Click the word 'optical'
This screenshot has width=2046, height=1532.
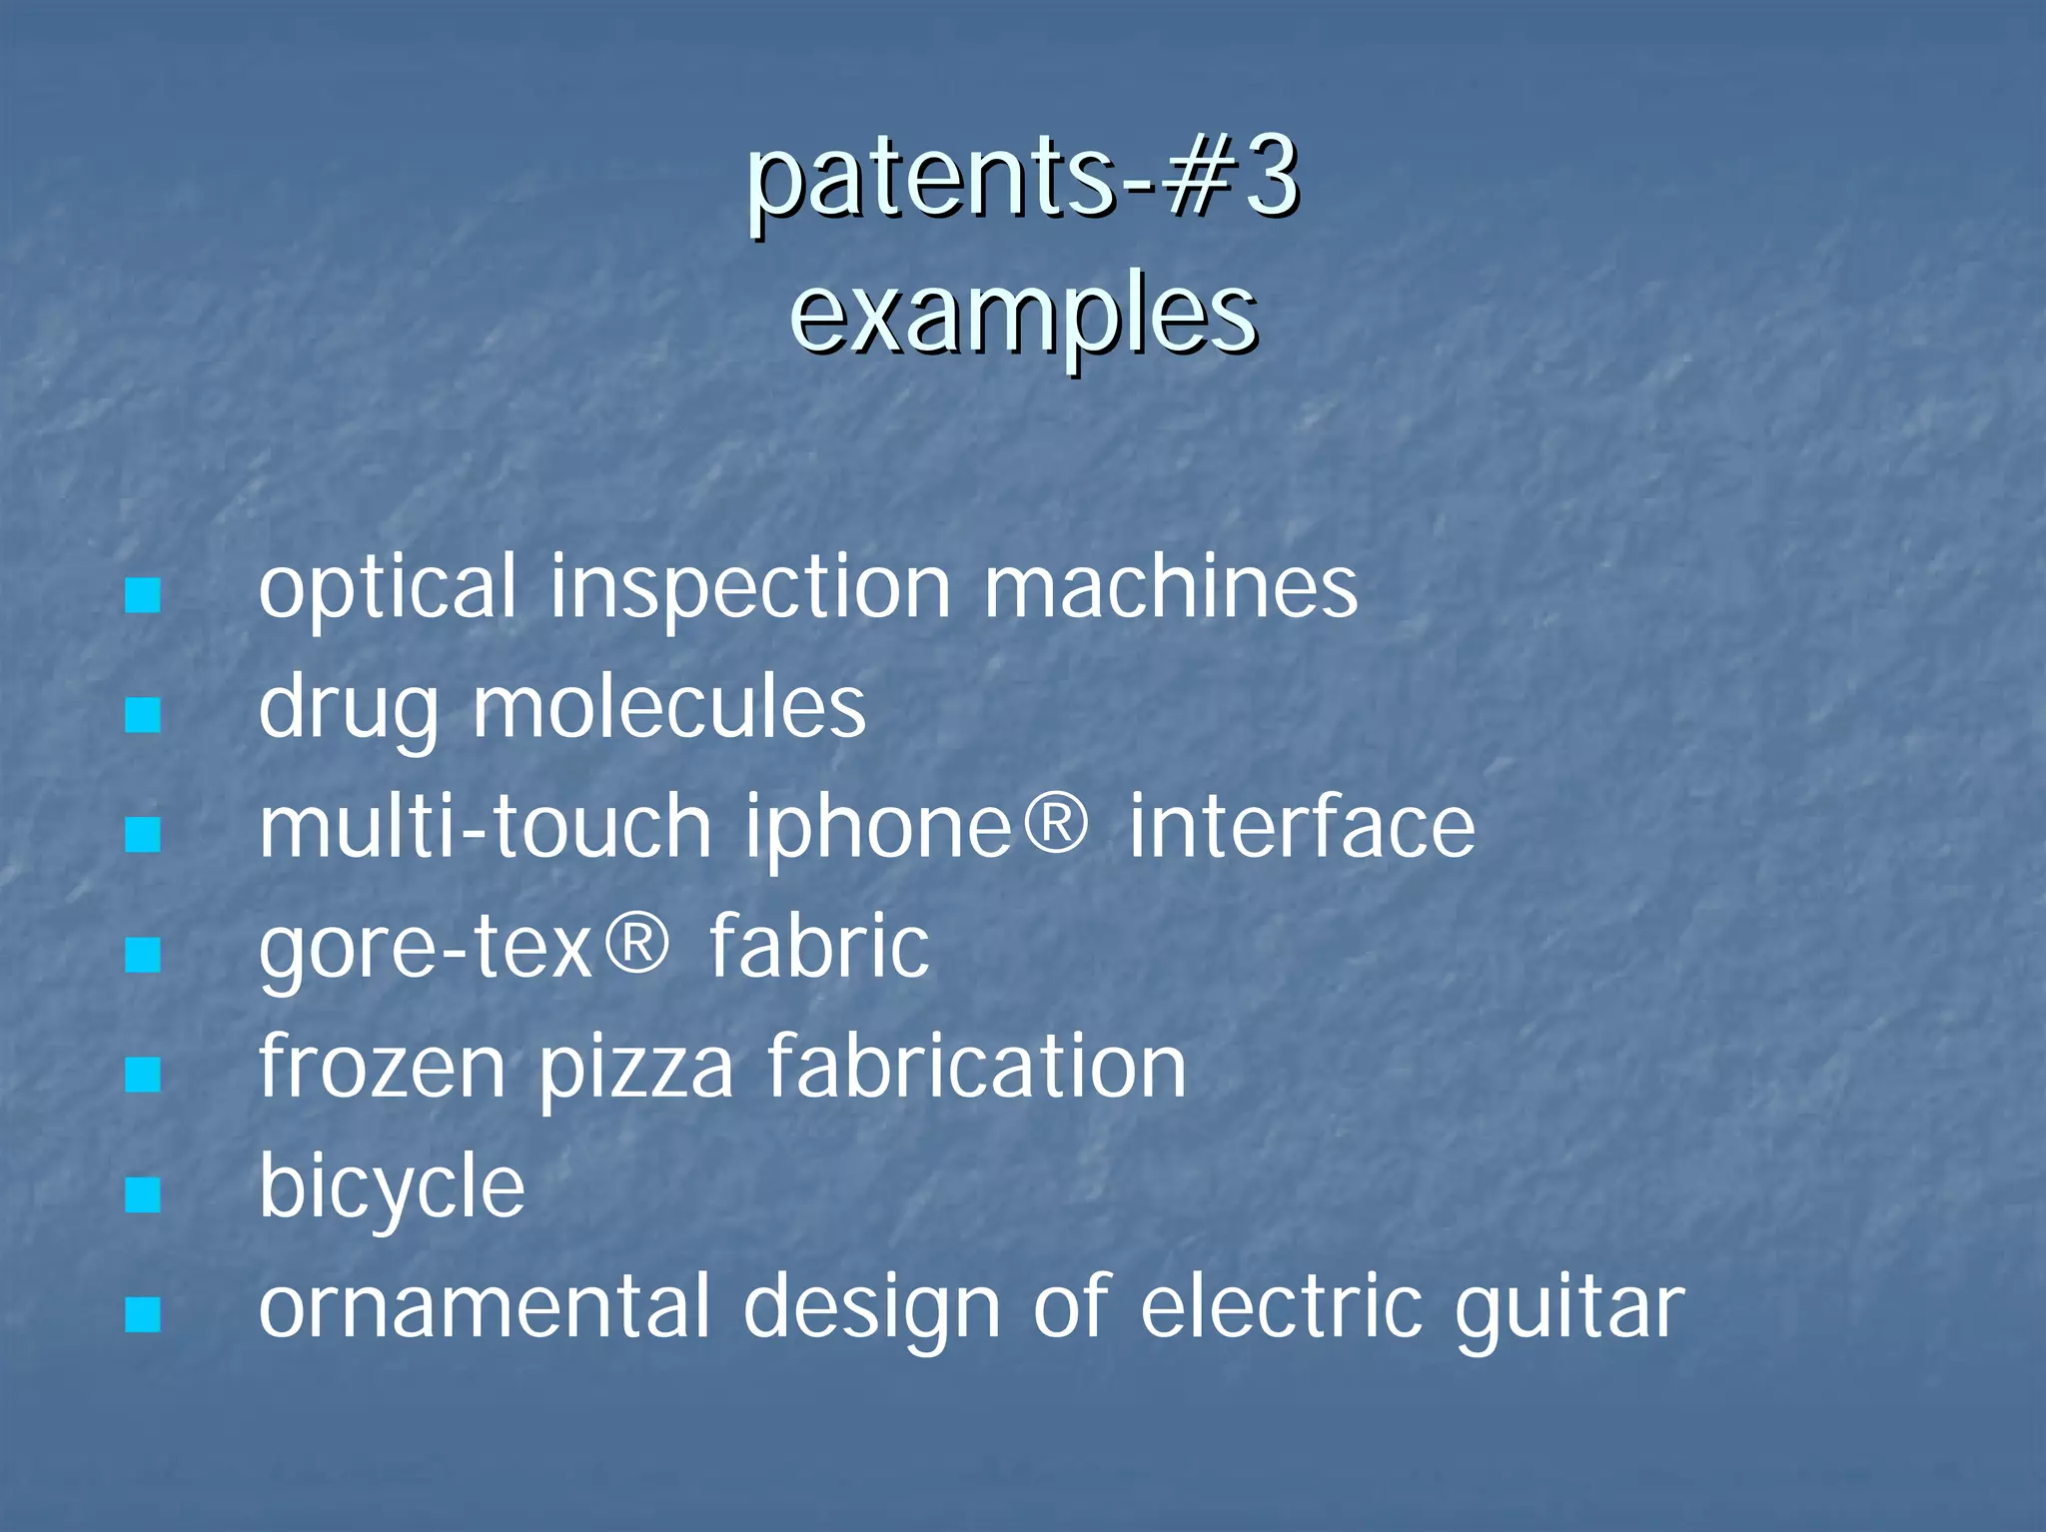[388, 589]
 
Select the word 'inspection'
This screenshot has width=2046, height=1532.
[750, 589]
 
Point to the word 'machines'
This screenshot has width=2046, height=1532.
[1171, 589]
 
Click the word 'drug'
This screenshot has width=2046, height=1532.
[349, 710]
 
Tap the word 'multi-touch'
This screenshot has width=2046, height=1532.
[486, 828]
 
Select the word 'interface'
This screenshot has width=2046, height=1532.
[1302, 828]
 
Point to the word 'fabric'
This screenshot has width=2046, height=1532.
[819, 948]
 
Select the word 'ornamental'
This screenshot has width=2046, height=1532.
[485, 1307]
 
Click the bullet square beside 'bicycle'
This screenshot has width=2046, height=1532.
[143, 1194]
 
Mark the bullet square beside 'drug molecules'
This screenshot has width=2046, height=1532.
[143, 715]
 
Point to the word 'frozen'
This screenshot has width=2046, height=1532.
[383, 1068]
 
